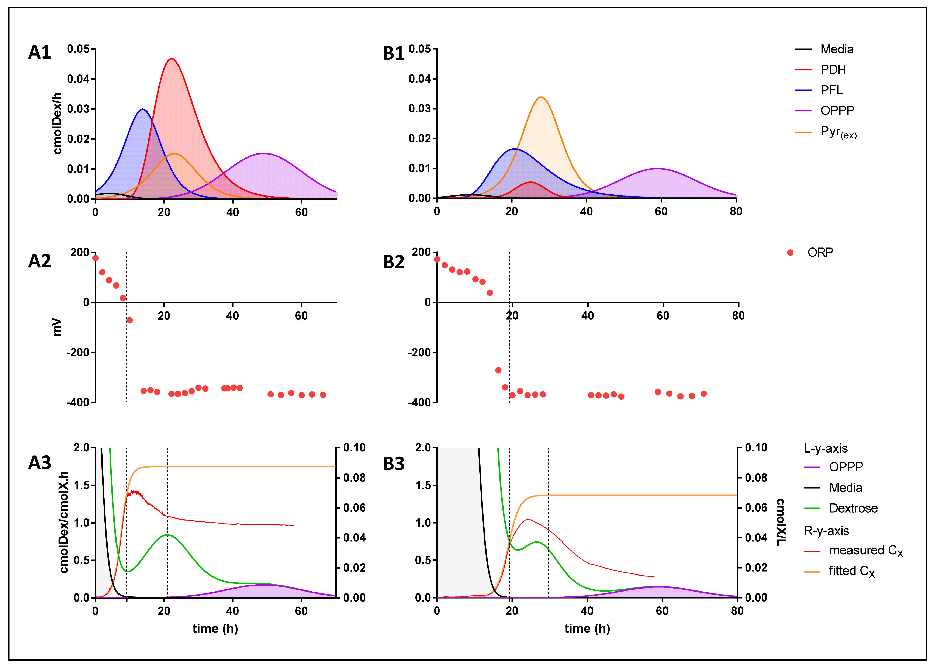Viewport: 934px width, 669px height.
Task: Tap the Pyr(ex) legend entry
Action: coord(838,132)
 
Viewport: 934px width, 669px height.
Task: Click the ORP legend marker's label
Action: coord(820,252)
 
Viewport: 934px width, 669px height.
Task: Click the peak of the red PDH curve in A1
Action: coord(171,59)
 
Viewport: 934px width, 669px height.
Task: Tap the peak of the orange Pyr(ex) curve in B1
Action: coord(541,98)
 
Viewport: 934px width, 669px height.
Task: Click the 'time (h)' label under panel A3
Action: coord(215,629)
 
